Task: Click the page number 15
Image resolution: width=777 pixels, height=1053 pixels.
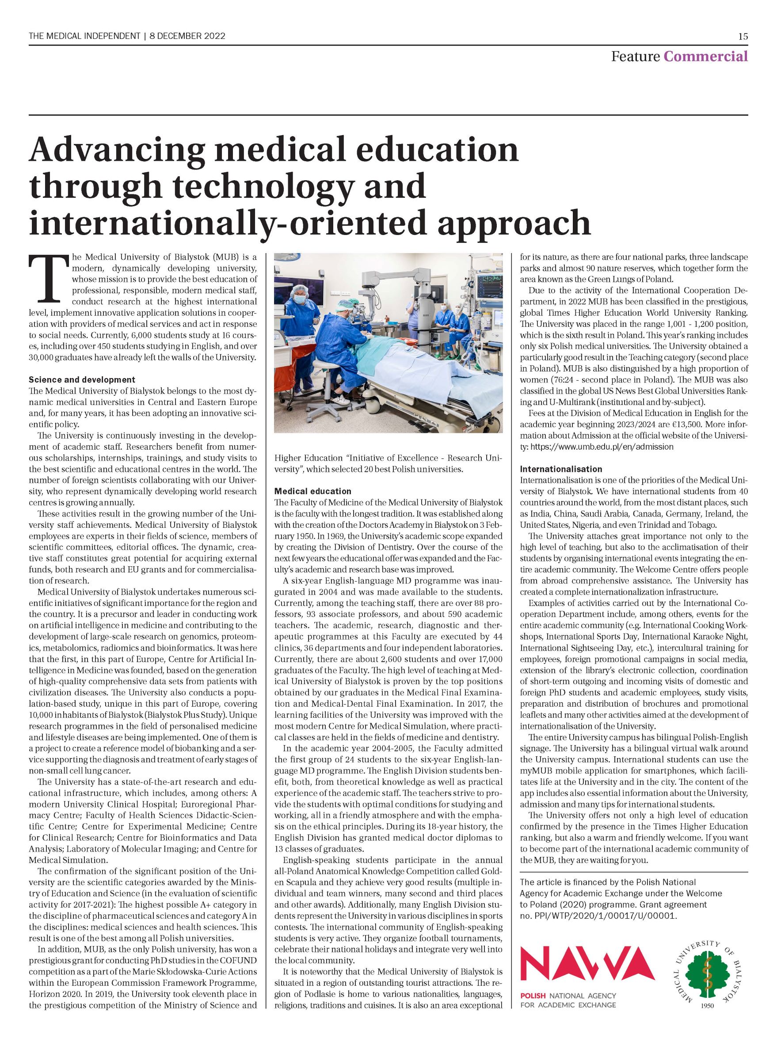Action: (743, 36)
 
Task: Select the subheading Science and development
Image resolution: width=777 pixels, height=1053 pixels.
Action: (82, 379)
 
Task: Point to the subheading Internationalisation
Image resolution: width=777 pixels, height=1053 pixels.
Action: (560, 469)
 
